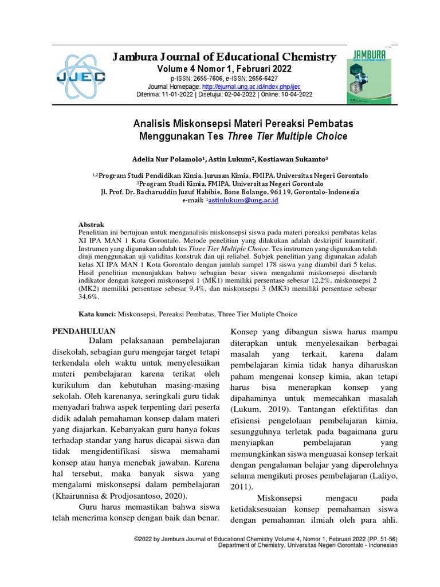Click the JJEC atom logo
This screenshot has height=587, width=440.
point(80,75)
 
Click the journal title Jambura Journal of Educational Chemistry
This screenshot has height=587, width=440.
point(225,57)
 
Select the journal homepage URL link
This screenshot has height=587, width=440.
point(239,87)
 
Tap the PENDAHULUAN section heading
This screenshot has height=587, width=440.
point(84,331)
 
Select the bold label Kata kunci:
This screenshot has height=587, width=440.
point(97,314)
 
